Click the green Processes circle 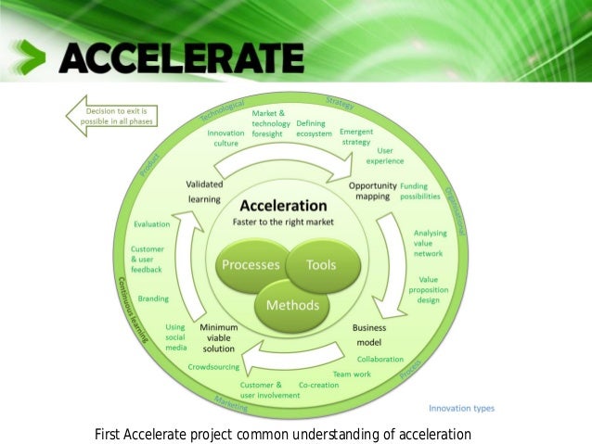249,264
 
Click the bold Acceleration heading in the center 283,205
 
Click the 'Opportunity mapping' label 373,191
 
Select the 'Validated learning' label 204,190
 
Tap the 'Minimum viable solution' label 219,339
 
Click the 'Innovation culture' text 225,138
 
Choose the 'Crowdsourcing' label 212,367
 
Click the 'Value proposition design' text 429,288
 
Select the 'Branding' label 153,299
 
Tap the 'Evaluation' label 151,224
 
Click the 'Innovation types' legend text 461,408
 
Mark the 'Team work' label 352,374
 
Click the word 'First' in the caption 110,434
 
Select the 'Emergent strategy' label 355,137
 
